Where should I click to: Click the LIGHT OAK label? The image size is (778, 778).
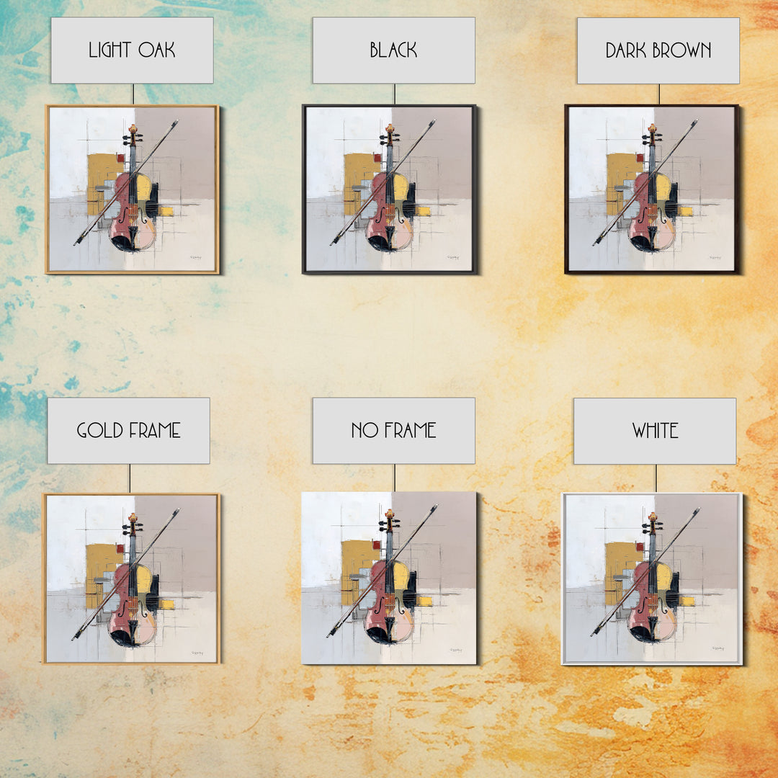(132, 50)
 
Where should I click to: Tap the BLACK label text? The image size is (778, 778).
(393, 50)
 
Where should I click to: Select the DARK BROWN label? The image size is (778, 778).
(658, 50)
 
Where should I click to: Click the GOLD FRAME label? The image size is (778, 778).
(128, 431)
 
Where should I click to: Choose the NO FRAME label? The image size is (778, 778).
(393, 431)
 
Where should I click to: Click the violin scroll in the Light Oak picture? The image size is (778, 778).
(133, 129)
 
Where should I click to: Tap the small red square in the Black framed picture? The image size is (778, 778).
(377, 158)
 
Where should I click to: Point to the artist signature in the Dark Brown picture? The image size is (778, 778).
(715, 257)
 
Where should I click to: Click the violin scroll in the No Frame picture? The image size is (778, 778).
(390, 514)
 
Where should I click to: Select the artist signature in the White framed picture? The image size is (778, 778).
(718, 648)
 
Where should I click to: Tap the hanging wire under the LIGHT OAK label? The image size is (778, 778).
(133, 94)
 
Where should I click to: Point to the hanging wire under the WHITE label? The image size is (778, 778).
(656, 478)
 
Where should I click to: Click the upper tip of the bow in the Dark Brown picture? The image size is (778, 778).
(697, 120)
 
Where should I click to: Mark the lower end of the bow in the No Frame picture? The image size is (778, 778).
(328, 635)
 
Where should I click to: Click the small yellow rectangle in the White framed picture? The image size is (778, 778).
(687, 602)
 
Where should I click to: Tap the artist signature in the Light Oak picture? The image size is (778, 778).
(195, 257)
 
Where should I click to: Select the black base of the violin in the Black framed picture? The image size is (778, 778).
(380, 243)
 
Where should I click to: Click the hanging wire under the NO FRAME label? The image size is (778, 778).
(395, 478)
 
